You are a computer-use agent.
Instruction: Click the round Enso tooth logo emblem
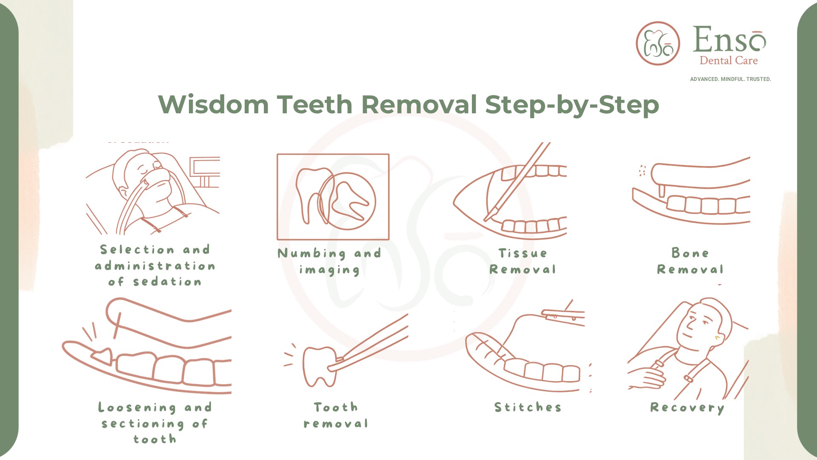tap(658, 43)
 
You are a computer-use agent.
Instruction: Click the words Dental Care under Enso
tap(728, 61)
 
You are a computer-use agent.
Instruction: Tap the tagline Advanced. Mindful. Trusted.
tap(730, 79)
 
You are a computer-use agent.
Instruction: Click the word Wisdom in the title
tap(213, 104)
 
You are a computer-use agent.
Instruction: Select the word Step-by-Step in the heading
tap(572, 105)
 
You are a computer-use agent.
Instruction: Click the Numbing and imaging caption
tap(329, 262)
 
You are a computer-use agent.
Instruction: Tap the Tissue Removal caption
tap(523, 261)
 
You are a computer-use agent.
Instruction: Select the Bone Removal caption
tap(690, 261)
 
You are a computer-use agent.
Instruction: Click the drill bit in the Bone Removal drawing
tap(662, 191)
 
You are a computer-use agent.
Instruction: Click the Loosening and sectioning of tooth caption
tap(155, 423)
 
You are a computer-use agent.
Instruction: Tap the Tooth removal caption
tap(336, 415)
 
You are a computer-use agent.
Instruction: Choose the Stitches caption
tap(528, 407)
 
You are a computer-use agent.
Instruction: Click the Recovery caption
tap(687, 408)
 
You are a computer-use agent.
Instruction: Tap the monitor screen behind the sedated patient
tap(205, 167)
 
